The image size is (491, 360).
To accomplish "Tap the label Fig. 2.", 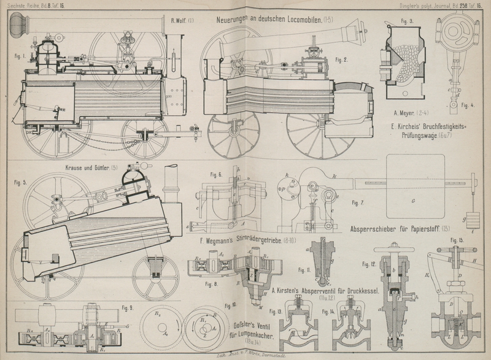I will coord(341,60).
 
